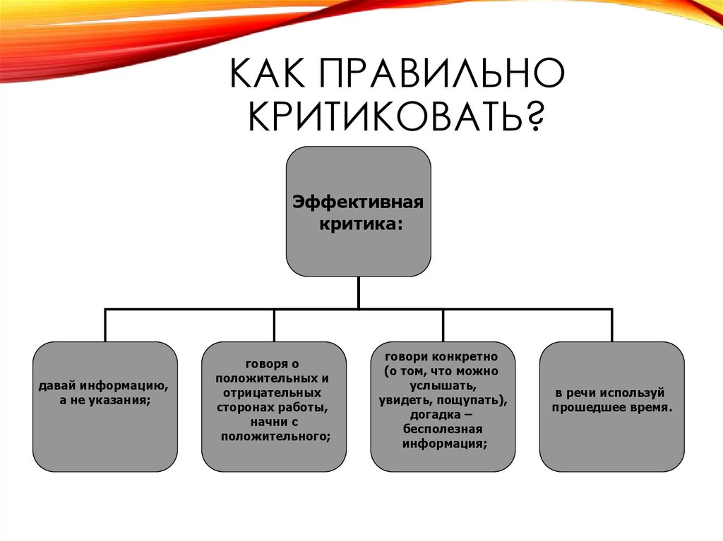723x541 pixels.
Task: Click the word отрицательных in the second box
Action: click(x=272, y=393)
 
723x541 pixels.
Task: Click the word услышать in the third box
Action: click(x=441, y=386)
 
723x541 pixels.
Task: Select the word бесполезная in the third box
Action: click(x=443, y=430)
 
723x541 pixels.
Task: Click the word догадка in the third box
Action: click(x=437, y=415)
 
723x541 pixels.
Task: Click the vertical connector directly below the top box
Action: click(x=358, y=292)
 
